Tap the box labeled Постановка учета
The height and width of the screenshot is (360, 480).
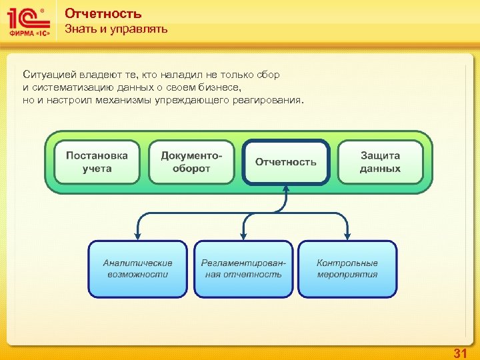pos(97,162)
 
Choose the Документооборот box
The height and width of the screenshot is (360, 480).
pos(191,162)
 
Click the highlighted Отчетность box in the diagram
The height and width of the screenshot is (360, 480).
pos(286,162)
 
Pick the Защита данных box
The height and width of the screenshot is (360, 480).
pos(380,162)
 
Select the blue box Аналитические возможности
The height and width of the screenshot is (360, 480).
pos(138,269)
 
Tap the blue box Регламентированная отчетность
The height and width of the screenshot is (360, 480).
pos(243,269)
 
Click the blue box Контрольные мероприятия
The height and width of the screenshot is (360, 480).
pos(347,269)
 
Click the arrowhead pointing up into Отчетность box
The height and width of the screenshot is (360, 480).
pos(286,189)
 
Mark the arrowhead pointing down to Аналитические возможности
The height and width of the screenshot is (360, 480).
pos(138,235)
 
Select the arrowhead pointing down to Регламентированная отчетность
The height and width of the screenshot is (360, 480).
pos(243,235)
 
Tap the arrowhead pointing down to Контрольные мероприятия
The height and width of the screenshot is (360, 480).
pos(347,235)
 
